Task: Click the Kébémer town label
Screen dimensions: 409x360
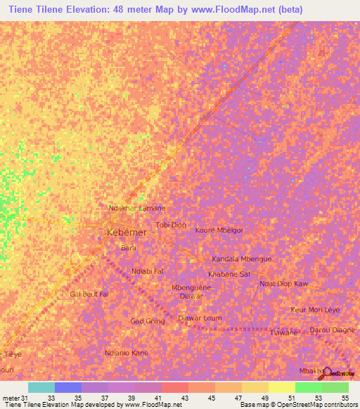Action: pyautogui.click(x=127, y=233)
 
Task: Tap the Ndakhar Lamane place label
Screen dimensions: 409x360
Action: pyautogui.click(x=136, y=209)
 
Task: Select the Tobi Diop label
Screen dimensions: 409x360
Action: pyautogui.click(x=171, y=225)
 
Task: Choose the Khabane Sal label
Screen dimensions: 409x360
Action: pyautogui.click(x=229, y=273)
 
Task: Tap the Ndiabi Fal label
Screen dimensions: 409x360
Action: pyautogui.click(x=148, y=271)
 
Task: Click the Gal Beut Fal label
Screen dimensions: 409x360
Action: pyautogui.click(x=89, y=294)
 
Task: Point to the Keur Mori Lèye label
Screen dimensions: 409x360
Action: pyautogui.click(x=315, y=310)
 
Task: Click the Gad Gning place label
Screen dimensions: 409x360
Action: pyautogui.click(x=148, y=321)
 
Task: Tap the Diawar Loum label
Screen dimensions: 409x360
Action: pyautogui.click(x=200, y=318)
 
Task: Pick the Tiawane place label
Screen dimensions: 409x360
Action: pyautogui.click(x=285, y=332)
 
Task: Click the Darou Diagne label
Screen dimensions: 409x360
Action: pyautogui.click(x=333, y=330)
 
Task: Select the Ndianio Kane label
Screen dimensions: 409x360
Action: pyautogui.click(x=127, y=353)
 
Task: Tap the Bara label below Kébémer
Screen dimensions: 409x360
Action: pyautogui.click(x=129, y=248)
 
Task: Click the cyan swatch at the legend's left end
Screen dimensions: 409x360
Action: pyautogui.click(x=41, y=387)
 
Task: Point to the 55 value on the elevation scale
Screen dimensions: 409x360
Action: pyautogui.click(x=345, y=398)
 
